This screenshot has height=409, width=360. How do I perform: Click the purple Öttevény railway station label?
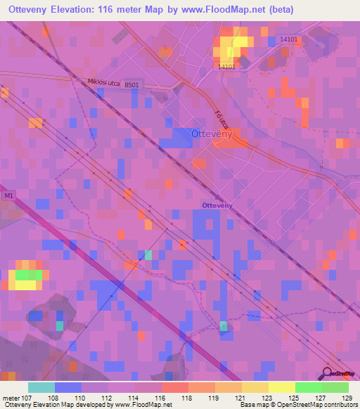[217, 204]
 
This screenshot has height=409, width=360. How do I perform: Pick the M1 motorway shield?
[8, 196]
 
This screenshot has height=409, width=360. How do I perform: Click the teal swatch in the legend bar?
[41, 387]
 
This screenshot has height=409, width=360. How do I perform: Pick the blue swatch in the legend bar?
[68, 387]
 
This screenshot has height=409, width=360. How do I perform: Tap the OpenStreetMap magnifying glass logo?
[328, 373]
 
